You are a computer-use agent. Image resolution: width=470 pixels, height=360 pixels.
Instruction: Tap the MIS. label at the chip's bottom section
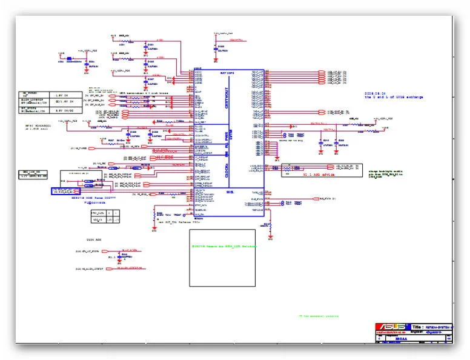click(x=231, y=192)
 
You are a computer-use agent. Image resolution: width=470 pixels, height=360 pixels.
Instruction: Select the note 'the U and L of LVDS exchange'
click(x=394, y=98)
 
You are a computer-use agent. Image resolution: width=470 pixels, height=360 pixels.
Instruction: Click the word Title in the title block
click(x=417, y=327)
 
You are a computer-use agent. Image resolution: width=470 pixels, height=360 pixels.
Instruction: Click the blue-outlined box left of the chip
click(x=65, y=190)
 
